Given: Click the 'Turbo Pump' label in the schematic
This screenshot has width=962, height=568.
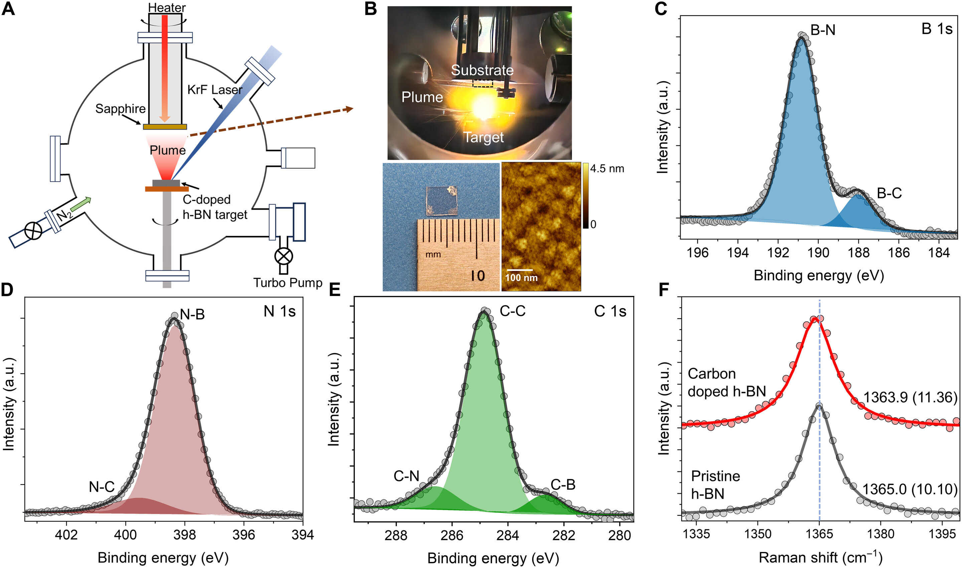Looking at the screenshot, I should click(x=288, y=283).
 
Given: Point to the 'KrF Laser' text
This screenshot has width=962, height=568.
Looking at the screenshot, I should click(x=215, y=90).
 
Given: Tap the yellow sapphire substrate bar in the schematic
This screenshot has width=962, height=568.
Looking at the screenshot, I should click(x=165, y=127).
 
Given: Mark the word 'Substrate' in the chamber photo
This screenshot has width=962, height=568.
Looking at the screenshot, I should click(x=482, y=70).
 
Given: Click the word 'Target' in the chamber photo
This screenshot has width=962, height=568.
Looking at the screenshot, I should click(x=483, y=137).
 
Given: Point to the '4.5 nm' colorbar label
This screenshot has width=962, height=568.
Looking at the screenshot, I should click(x=607, y=169).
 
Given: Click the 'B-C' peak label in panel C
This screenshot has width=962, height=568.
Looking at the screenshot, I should click(x=889, y=193).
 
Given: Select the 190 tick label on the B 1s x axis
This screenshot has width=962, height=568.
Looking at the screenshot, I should click(x=818, y=253).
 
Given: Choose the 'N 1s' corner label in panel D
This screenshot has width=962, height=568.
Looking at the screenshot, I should click(x=279, y=311).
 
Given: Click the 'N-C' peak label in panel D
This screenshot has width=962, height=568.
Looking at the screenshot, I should click(x=102, y=487).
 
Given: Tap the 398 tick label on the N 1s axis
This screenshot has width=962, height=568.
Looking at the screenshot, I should click(x=184, y=535).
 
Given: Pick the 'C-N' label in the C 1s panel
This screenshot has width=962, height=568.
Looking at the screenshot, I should click(x=407, y=476).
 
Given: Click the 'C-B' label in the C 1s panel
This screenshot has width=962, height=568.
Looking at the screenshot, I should click(x=563, y=484).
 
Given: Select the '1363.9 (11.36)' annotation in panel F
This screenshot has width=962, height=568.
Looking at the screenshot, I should click(x=910, y=398).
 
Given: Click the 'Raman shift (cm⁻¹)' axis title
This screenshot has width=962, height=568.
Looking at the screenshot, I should click(x=820, y=558).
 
